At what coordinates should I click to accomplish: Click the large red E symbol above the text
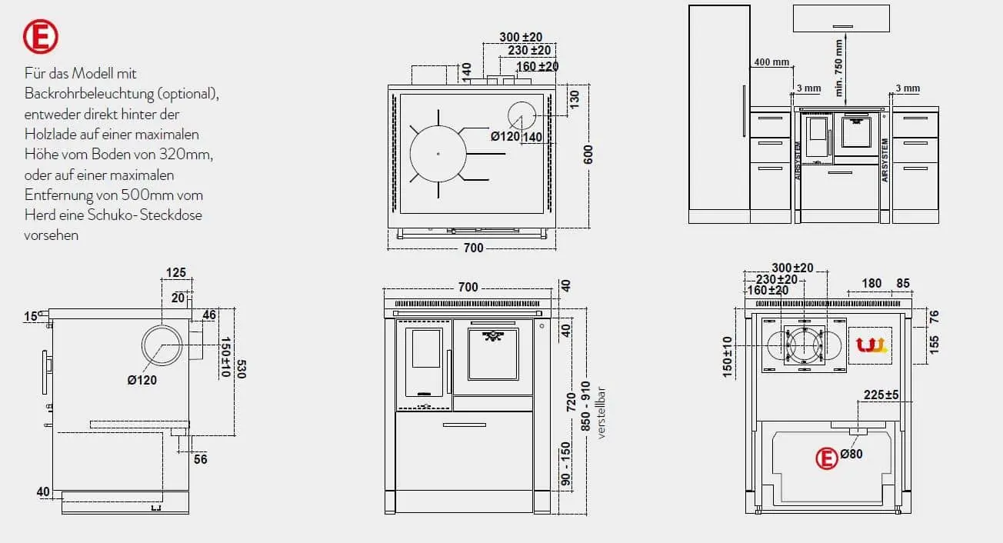41,36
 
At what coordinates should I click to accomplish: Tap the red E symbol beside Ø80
827,458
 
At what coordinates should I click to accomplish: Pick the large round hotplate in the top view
438,154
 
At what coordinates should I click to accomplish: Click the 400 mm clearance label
771,62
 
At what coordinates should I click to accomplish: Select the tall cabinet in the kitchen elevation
718,114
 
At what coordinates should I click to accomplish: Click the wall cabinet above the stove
841,18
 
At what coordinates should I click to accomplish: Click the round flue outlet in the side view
163,344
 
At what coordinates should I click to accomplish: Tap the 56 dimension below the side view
201,459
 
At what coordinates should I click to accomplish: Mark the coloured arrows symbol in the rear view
869,345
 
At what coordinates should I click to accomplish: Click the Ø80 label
851,454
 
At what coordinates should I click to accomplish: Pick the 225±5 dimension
881,395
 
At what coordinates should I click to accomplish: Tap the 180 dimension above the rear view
871,283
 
